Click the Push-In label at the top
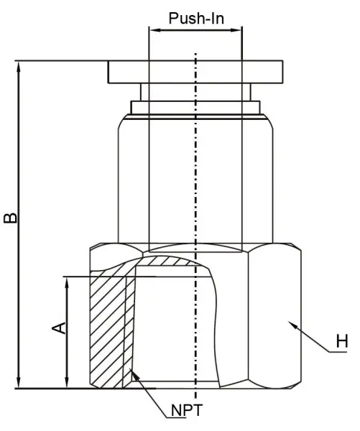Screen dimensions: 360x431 point(196,19)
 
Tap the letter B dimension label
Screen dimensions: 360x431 point(10,218)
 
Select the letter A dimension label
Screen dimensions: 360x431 point(59,328)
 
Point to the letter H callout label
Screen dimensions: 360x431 point(342,341)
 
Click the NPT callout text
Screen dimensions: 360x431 point(187,410)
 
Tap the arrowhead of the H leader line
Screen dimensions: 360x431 point(292,325)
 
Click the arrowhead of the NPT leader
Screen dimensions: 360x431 point(133,372)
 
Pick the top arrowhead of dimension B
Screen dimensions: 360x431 point(19,67)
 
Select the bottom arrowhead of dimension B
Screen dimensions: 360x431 point(19,383)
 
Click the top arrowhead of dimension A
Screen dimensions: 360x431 point(67,282)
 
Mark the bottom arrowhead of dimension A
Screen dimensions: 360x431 point(67,383)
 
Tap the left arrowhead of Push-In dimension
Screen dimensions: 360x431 point(154,30)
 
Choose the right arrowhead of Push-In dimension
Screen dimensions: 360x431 point(236,30)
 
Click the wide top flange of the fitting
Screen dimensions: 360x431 point(195,72)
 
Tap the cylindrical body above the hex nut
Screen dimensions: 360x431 point(195,179)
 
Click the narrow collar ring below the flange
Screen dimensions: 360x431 point(195,108)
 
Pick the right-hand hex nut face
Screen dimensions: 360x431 point(274,316)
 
